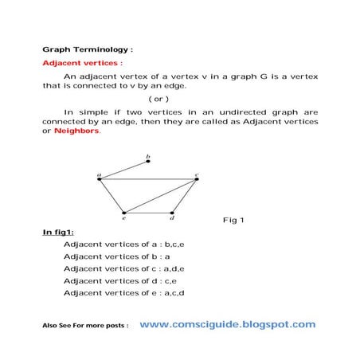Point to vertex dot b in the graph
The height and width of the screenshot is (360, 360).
pyautogui.click(x=148, y=162)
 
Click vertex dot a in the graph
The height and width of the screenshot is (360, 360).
pyautogui.click(x=100, y=179)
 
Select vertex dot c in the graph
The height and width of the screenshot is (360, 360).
pyautogui.click(x=196, y=179)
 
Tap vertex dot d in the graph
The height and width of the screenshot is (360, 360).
pyautogui.click(x=172, y=212)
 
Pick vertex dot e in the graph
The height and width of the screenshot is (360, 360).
pyautogui.click(x=123, y=212)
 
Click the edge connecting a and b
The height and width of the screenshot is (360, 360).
pyautogui.click(x=123, y=170)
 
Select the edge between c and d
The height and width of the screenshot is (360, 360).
pyautogui.click(x=184, y=196)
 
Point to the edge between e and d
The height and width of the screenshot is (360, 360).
pyautogui.click(x=148, y=212)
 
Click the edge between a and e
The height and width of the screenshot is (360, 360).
pyautogui.click(x=112, y=196)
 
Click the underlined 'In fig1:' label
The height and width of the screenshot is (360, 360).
pyautogui.click(x=57, y=233)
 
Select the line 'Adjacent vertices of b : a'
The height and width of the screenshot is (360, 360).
pyautogui.click(x=116, y=256)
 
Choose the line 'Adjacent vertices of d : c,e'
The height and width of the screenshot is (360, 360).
pyautogui.click(x=121, y=281)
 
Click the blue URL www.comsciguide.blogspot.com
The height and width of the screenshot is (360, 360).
pyautogui.click(x=228, y=324)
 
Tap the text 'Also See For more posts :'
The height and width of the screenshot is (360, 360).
pyautogui.click(x=85, y=327)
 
